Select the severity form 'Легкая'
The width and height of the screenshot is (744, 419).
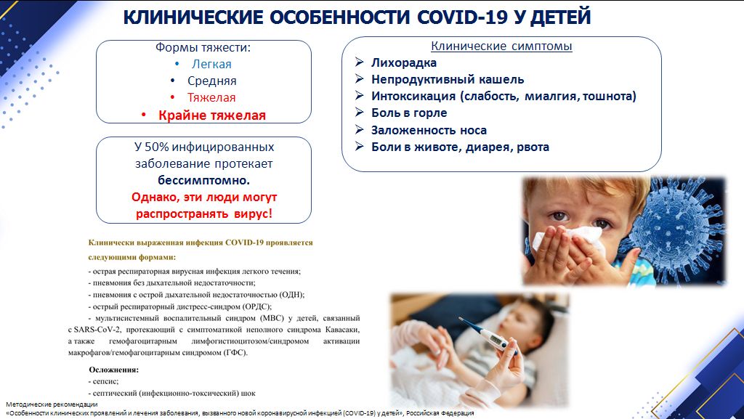(211, 64)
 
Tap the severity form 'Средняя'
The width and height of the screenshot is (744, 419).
(211, 81)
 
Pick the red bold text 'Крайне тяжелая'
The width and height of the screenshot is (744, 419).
(212, 115)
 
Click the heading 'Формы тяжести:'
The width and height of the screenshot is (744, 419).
(203, 47)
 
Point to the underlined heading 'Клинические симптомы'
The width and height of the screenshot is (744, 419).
(501, 46)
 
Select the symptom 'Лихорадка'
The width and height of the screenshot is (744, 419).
(404, 62)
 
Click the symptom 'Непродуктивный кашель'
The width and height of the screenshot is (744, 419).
(448, 80)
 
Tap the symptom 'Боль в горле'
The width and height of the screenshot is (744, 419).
(409, 113)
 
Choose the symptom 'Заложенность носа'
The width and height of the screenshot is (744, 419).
(429, 130)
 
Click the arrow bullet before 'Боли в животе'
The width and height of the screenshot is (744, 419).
(359, 147)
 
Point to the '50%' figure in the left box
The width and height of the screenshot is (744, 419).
(157, 147)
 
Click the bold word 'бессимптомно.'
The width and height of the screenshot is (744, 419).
(204, 181)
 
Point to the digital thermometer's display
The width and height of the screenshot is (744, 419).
(495, 339)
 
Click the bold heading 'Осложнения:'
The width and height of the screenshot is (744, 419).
(114, 370)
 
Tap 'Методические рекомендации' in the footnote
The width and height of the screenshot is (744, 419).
(52, 404)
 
